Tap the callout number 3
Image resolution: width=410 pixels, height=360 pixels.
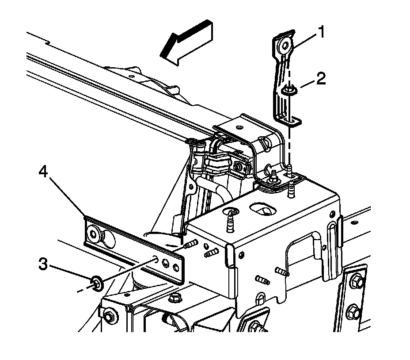43,265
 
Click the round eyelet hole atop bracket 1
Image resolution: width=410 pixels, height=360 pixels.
283,44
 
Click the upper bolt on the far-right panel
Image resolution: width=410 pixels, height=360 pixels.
359,281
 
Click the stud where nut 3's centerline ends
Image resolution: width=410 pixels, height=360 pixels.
191,244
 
